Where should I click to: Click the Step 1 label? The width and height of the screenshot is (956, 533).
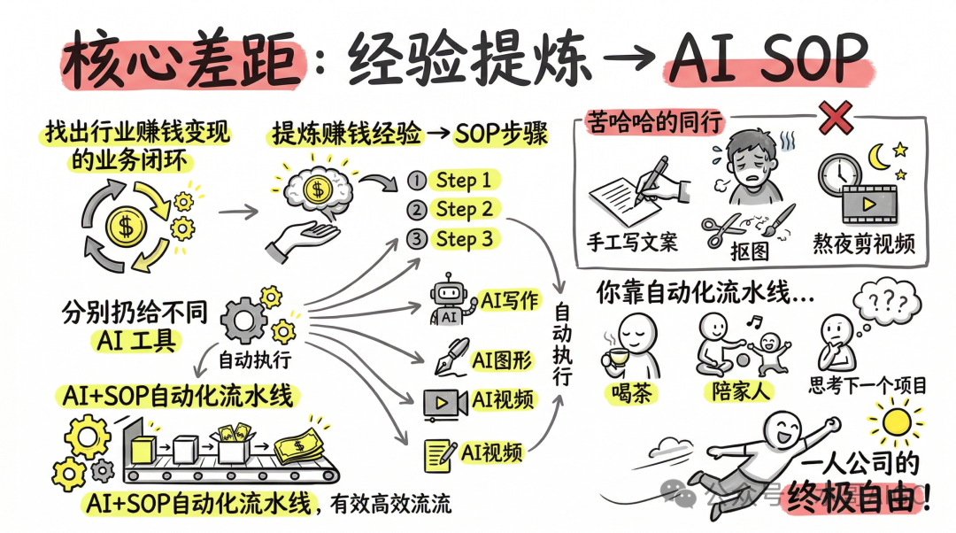(x=463, y=181)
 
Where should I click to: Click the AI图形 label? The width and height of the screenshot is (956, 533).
(x=501, y=360)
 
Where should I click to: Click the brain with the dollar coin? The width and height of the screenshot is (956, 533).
(x=317, y=189)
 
